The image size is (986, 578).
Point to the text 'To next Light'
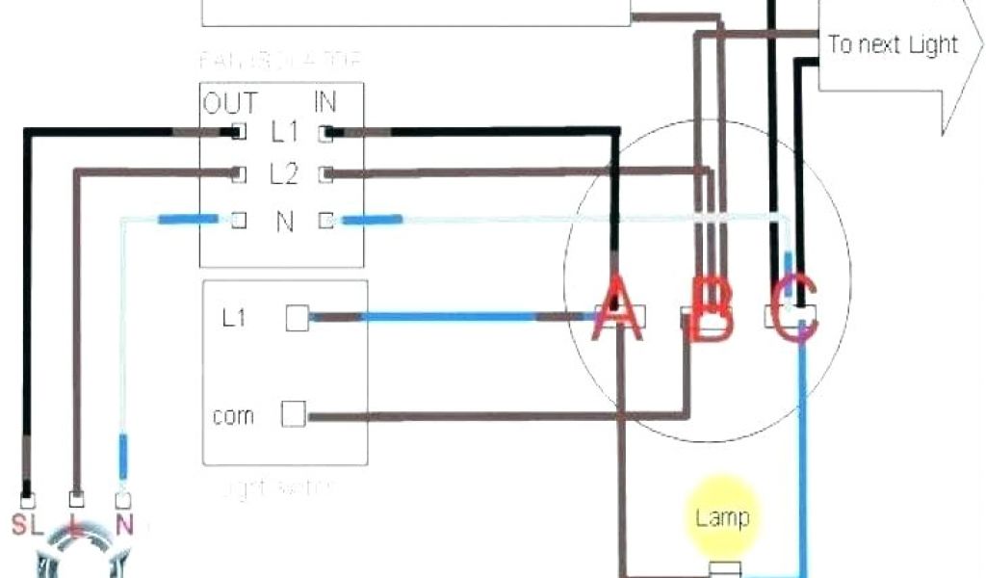[x=893, y=44]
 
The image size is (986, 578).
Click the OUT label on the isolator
[x=230, y=102]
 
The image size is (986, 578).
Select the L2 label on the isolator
[x=284, y=174]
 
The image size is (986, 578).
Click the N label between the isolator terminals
[x=284, y=222]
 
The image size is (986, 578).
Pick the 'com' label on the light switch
[x=233, y=416]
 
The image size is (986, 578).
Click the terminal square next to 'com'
[x=293, y=414]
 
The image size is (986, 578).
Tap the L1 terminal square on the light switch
[x=298, y=319]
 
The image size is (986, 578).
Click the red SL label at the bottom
[x=27, y=526]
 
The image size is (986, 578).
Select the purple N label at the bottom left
[x=123, y=526]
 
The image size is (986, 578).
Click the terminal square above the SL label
[x=29, y=501]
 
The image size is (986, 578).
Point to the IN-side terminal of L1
[x=327, y=131]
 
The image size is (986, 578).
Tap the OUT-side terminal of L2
[x=237, y=174]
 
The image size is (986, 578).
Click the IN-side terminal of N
[x=327, y=221]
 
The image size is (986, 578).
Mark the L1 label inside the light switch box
[x=234, y=318]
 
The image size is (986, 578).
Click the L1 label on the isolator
[x=284, y=130]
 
